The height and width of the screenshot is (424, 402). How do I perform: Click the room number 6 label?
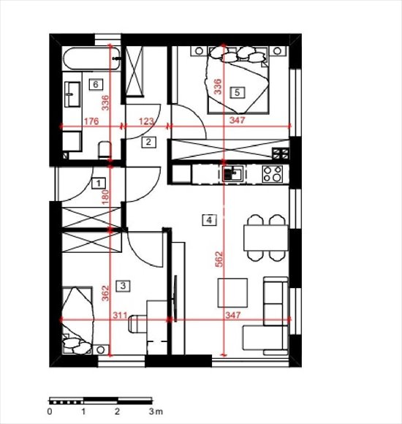point(96,85)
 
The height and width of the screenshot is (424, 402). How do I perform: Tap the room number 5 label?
point(237,93)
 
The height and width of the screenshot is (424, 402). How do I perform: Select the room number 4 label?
point(209,220)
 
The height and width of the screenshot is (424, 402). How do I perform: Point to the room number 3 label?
point(123,286)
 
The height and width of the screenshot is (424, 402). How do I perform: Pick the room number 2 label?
point(148,142)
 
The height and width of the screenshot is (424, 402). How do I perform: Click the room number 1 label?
point(99,183)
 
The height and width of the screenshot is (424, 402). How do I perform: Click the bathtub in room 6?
point(91,59)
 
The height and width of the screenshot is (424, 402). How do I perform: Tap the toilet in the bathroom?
point(105,150)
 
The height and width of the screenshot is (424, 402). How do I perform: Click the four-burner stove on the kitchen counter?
point(273,174)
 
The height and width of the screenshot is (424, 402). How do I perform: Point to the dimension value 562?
point(219,259)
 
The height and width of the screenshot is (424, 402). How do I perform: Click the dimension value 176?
point(91,121)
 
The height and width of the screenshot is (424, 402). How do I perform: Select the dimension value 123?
point(146,121)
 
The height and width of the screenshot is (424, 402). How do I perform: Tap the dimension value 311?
point(120,315)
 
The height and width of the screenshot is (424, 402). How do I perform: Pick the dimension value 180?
point(106,197)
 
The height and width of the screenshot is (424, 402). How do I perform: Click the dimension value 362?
point(105,293)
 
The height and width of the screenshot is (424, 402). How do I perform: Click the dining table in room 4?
point(266,238)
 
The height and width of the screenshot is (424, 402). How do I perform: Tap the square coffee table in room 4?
point(232,293)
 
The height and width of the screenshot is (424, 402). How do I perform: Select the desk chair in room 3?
point(137,324)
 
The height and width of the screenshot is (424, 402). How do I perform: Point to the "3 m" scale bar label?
point(156,412)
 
